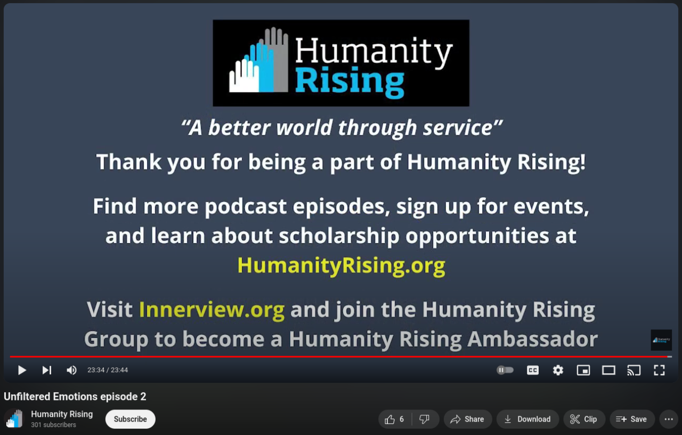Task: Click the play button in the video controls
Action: [22, 370]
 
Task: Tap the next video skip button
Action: [47, 370]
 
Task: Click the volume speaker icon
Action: [71, 370]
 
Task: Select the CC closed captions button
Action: [532, 370]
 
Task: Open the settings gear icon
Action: [558, 370]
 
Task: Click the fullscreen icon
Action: [659, 370]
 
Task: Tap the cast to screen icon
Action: [634, 370]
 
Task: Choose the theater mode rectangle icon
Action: [608, 370]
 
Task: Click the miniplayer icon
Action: [583, 370]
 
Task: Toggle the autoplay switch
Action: [505, 370]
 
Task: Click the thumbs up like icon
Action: [389, 420]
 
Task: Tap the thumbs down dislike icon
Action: [424, 420]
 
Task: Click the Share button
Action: [468, 419]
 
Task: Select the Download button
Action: [527, 419]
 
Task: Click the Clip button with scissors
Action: [584, 419]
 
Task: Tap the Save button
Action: [632, 419]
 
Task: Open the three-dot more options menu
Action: [669, 419]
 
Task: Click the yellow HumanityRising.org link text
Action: [342, 265]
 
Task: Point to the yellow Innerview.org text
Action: [212, 310]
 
